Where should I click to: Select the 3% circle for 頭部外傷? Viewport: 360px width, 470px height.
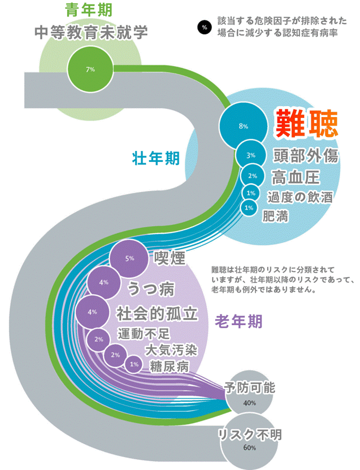pyautogui.click(x=251, y=155)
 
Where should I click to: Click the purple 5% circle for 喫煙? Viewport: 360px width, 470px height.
pyautogui.click(x=129, y=259)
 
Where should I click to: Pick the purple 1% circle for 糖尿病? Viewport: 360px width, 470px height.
pyautogui.click(x=134, y=364)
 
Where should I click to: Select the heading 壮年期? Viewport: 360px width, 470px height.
pyautogui.click(x=156, y=158)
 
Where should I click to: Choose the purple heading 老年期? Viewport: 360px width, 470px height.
pyautogui.click(x=238, y=322)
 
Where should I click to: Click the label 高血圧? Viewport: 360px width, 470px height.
pyautogui.click(x=297, y=177)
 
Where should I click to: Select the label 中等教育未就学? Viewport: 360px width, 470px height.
pyautogui.click(x=91, y=32)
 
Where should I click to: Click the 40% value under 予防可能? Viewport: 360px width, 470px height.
pyautogui.click(x=250, y=403)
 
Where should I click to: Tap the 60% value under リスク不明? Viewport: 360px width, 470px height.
pyautogui.click(x=250, y=448)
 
